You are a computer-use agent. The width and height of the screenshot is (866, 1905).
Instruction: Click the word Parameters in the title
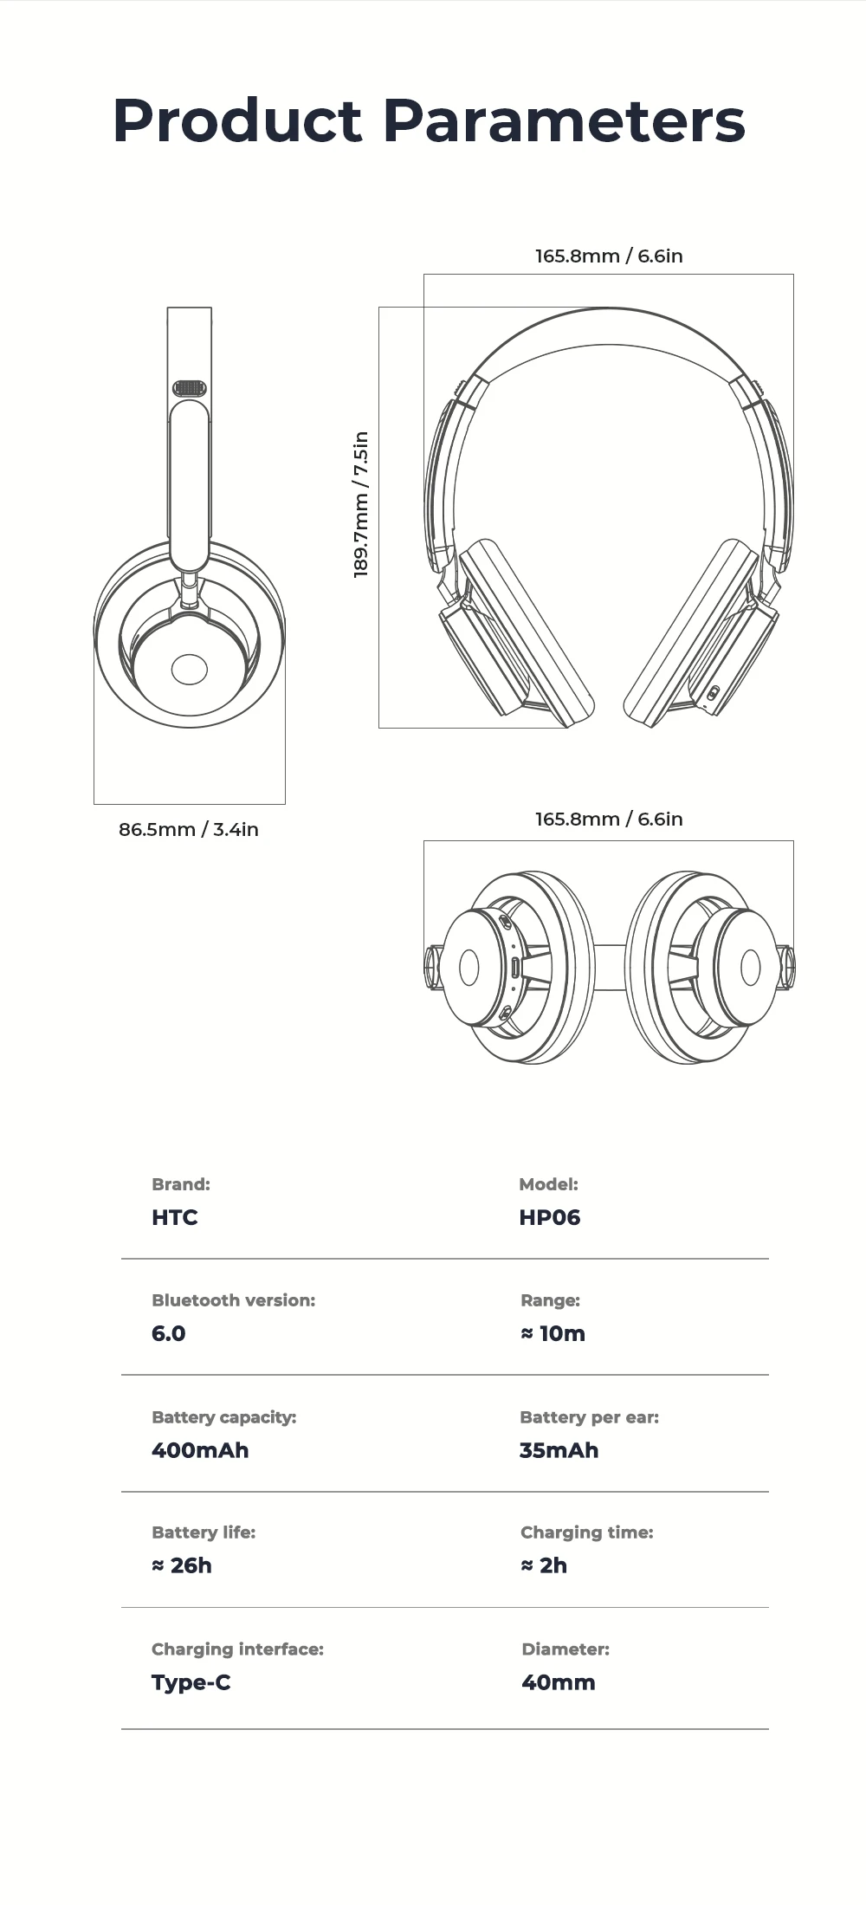(564, 120)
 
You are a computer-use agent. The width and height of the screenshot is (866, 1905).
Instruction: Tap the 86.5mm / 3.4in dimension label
(189, 829)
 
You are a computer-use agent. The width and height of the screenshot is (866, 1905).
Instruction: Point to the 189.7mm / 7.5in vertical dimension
(361, 505)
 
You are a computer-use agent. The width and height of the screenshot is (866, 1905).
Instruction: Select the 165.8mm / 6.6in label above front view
(609, 256)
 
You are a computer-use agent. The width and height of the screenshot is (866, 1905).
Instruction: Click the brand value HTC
(174, 1217)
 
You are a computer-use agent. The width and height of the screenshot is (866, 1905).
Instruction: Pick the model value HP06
(549, 1217)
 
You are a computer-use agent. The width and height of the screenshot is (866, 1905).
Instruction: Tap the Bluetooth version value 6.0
(168, 1333)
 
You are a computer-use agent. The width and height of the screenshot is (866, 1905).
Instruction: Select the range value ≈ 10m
(553, 1333)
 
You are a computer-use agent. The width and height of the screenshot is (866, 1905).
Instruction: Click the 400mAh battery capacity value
(200, 1450)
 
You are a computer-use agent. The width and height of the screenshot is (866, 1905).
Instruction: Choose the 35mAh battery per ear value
(559, 1450)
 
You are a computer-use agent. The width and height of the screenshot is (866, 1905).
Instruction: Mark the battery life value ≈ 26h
(182, 1565)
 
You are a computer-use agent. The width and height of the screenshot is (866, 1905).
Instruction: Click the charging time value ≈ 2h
(544, 1565)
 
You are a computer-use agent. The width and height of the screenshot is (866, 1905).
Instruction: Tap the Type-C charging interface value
(191, 1682)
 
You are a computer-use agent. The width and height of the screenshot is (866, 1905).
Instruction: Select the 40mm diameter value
(559, 1682)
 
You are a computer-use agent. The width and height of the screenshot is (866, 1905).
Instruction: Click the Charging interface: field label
(237, 1649)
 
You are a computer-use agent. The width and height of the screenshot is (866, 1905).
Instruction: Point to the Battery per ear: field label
(589, 1417)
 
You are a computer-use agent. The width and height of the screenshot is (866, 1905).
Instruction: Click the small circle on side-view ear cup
(190, 669)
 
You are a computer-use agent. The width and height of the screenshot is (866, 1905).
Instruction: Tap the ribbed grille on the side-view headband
(190, 388)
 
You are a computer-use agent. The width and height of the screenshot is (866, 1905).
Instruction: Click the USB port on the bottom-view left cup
(514, 967)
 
